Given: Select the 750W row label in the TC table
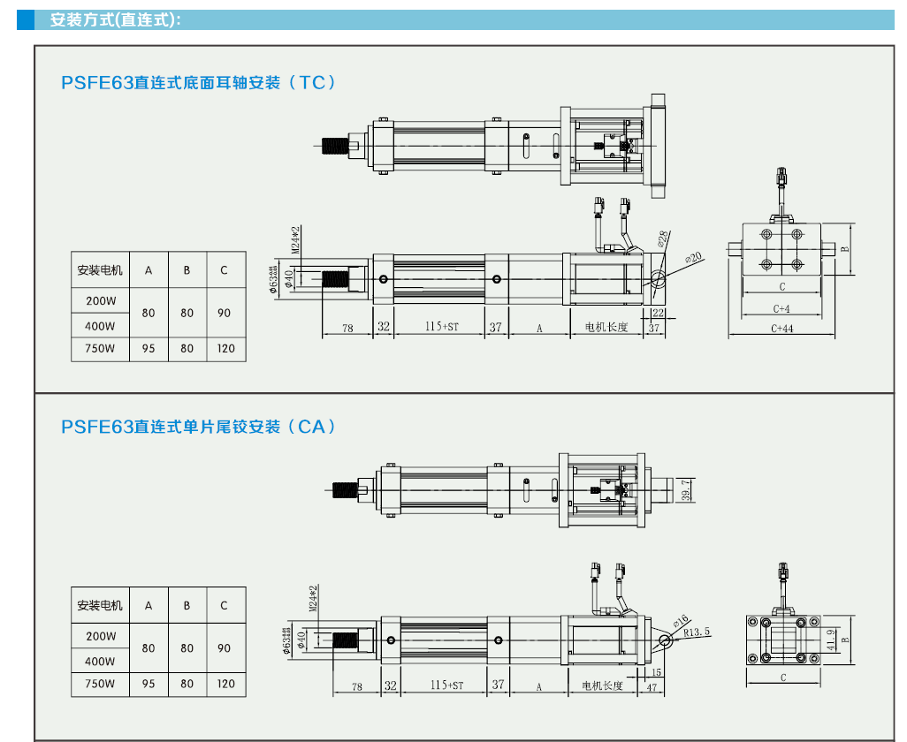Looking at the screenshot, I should pos(100,348).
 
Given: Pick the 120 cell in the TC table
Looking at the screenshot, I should pos(225,348).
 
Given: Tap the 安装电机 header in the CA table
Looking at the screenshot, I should pos(100,606).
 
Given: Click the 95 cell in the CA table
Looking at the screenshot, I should pos(149,684).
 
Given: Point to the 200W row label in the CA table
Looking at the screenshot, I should pos(100,636).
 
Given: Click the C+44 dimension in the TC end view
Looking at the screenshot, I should pos(781,329).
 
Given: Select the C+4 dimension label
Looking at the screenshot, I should pos(781,308).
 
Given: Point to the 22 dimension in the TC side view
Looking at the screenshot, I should pos(658,313).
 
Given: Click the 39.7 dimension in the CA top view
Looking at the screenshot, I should pos(687,488).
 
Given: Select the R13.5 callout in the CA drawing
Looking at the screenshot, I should pos(697,632).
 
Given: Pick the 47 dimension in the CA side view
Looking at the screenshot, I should pos(652,685).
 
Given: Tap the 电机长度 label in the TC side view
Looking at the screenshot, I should pos(606,328).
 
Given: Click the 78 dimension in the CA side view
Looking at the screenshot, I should pos(356,685).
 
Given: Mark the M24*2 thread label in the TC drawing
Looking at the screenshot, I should pos(296,238).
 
